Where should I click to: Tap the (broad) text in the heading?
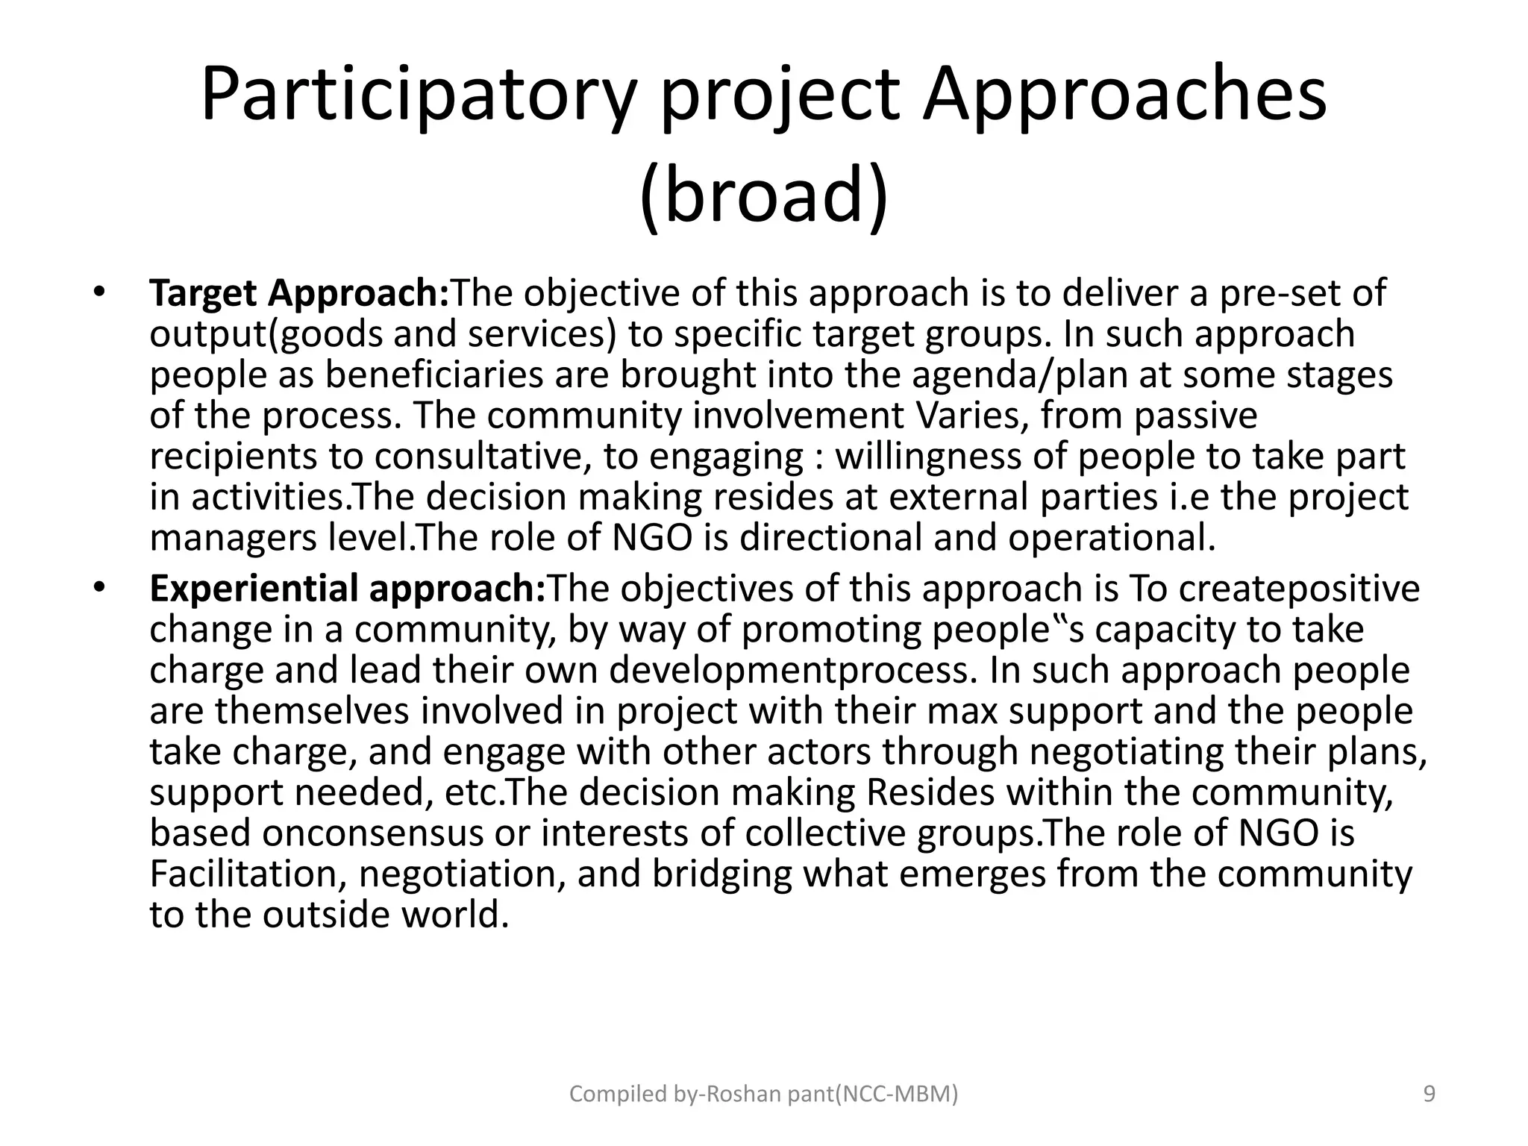tap(764, 195)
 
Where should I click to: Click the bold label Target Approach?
tap(299, 292)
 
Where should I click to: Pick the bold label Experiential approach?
tap(348, 588)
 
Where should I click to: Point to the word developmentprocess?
tap(793, 670)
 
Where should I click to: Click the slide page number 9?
tap(1429, 1095)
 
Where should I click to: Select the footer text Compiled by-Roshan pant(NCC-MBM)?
tap(763, 1095)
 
